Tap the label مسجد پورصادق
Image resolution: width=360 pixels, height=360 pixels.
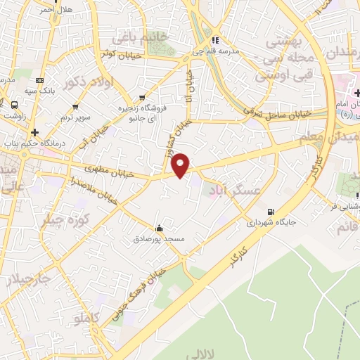159,239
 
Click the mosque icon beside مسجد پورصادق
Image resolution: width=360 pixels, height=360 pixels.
159,228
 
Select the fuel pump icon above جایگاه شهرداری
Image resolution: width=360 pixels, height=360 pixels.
271,212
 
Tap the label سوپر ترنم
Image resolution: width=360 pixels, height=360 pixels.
75,117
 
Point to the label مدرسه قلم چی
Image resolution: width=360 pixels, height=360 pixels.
217,51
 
